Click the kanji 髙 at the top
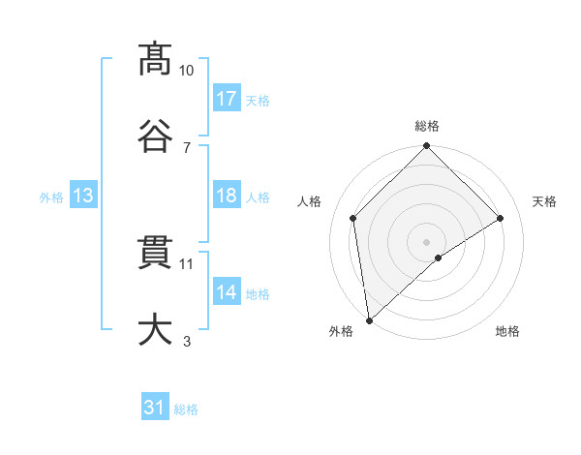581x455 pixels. tap(156, 59)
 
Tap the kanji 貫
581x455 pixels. tap(156, 254)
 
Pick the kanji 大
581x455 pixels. tap(156, 329)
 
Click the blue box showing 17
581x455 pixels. tap(227, 99)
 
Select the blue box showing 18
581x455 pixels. tap(227, 196)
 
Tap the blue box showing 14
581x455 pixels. tap(227, 292)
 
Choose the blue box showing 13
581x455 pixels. tap(83, 196)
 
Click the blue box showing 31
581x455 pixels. tap(155, 409)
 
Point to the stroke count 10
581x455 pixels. tap(187, 71)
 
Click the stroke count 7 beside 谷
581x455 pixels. tap(187, 147)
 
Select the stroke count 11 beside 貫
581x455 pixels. tap(187, 263)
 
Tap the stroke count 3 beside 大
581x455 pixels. tap(187, 341)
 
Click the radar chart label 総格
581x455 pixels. tap(427, 126)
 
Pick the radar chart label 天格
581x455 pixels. tap(544, 201)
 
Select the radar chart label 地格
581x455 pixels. tap(507, 331)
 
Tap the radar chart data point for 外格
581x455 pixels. tap(369, 320)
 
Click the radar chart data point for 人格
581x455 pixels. tap(353, 218)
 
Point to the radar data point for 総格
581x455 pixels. tap(427, 147)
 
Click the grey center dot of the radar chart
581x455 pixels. tap(427, 241)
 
